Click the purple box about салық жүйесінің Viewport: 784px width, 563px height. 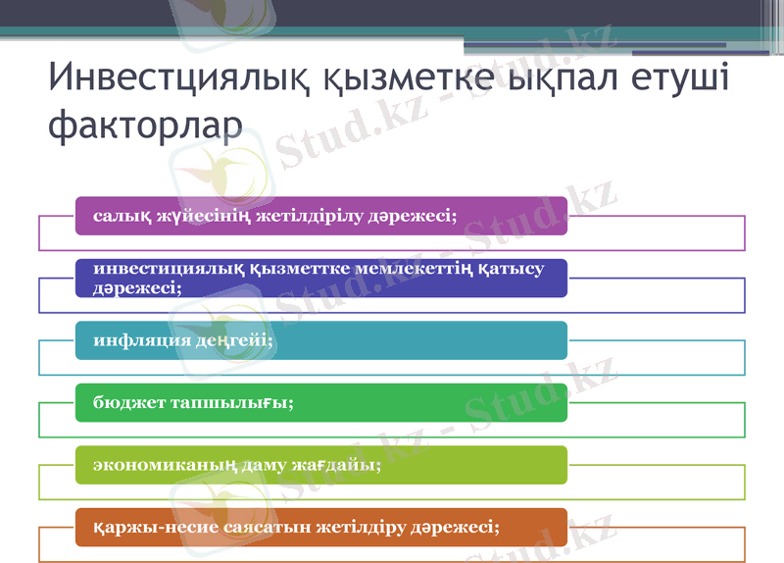pos(321,216)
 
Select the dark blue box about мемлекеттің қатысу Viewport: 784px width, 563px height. pos(321,278)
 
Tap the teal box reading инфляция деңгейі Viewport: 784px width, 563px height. pos(321,340)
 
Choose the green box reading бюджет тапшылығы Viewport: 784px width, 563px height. pos(321,403)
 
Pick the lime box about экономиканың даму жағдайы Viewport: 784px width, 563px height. pos(321,465)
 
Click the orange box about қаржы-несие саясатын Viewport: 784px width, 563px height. pos(321,528)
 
